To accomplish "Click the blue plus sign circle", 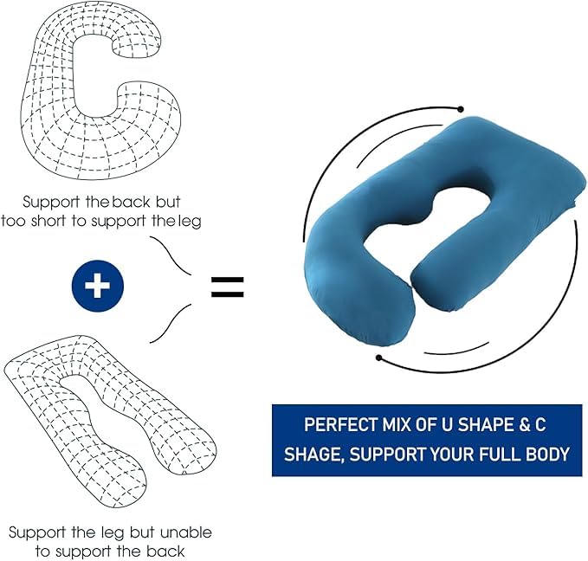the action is [98, 286].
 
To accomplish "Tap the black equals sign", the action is [228, 287].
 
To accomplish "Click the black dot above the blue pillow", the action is [461, 109].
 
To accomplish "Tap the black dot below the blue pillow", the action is [379, 358].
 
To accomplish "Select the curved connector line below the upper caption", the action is [171, 255].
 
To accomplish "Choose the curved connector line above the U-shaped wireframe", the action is [171, 323].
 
